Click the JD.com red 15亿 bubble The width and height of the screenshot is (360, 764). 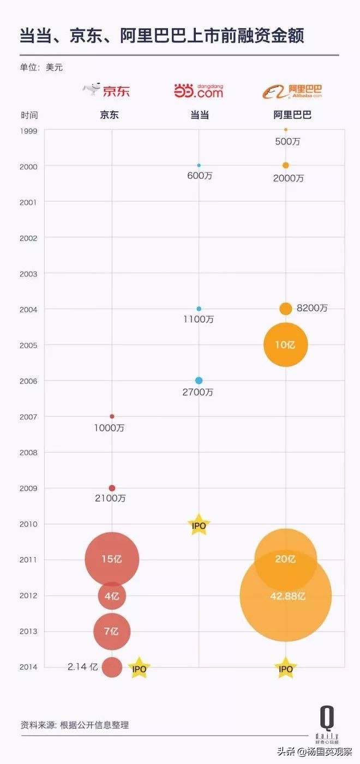pos(112,559)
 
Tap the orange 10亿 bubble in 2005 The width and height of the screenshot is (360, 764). pos(286,345)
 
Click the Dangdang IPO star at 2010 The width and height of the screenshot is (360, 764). pos(199,525)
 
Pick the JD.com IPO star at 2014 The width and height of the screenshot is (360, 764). pos(139,668)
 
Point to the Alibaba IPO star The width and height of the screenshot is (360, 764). pos(286,669)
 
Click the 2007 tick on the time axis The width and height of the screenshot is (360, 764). pos(28,417)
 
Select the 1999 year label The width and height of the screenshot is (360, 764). pos(28,131)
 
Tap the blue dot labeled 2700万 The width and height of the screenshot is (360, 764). pos(199,380)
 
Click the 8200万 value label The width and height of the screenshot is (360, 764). pos(312,308)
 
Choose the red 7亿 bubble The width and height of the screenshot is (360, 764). pos(112,631)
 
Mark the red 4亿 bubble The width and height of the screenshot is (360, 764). pos(112,595)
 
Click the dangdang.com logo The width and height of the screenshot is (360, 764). pos(199,91)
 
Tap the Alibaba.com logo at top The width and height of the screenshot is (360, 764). pos(292,91)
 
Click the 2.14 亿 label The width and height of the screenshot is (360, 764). pos(82,666)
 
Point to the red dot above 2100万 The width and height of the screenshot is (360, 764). pos(112,488)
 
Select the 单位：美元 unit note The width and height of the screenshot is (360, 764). pos(38,68)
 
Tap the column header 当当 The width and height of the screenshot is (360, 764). pos(199,115)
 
